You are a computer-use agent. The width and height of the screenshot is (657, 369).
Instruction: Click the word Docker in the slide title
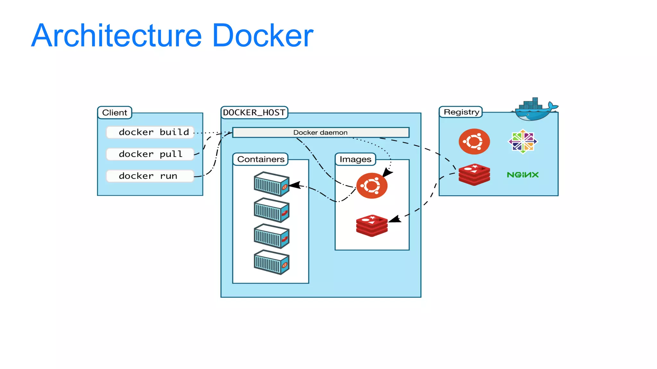tap(262, 36)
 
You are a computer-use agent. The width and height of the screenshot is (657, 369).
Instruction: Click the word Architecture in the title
tap(116, 36)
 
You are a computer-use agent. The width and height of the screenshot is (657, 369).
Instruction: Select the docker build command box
tap(150, 132)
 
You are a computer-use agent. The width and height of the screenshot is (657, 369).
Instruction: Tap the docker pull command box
tap(150, 154)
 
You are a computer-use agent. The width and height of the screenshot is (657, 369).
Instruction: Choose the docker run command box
tap(150, 176)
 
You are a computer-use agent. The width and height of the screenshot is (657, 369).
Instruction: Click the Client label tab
tap(115, 113)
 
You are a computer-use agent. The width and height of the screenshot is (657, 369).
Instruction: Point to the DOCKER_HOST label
tap(254, 113)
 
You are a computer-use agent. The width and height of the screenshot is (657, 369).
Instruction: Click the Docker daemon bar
tap(320, 133)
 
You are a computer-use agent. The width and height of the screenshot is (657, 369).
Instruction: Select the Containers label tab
tap(260, 159)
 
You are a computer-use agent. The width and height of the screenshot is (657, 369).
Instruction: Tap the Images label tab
tap(355, 159)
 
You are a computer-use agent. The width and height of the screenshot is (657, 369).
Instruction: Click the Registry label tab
tap(461, 112)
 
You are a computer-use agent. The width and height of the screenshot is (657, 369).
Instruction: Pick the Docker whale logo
tap(535, 110)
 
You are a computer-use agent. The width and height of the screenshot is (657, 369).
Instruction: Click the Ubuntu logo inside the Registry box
tap(474, 142)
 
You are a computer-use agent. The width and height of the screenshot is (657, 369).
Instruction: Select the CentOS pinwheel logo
tap(523, 142)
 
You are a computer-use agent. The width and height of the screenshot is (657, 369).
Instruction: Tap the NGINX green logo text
tap(523, 175)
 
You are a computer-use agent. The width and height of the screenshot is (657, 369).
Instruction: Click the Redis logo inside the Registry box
tap(474, 175)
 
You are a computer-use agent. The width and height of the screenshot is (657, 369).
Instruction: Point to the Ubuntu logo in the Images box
tap(372, 186)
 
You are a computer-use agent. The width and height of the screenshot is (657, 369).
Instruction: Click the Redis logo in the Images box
tap(372, 226)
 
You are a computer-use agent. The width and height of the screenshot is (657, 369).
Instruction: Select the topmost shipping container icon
tap(271, 184)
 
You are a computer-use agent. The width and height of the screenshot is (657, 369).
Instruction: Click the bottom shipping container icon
tap(271, 262)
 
